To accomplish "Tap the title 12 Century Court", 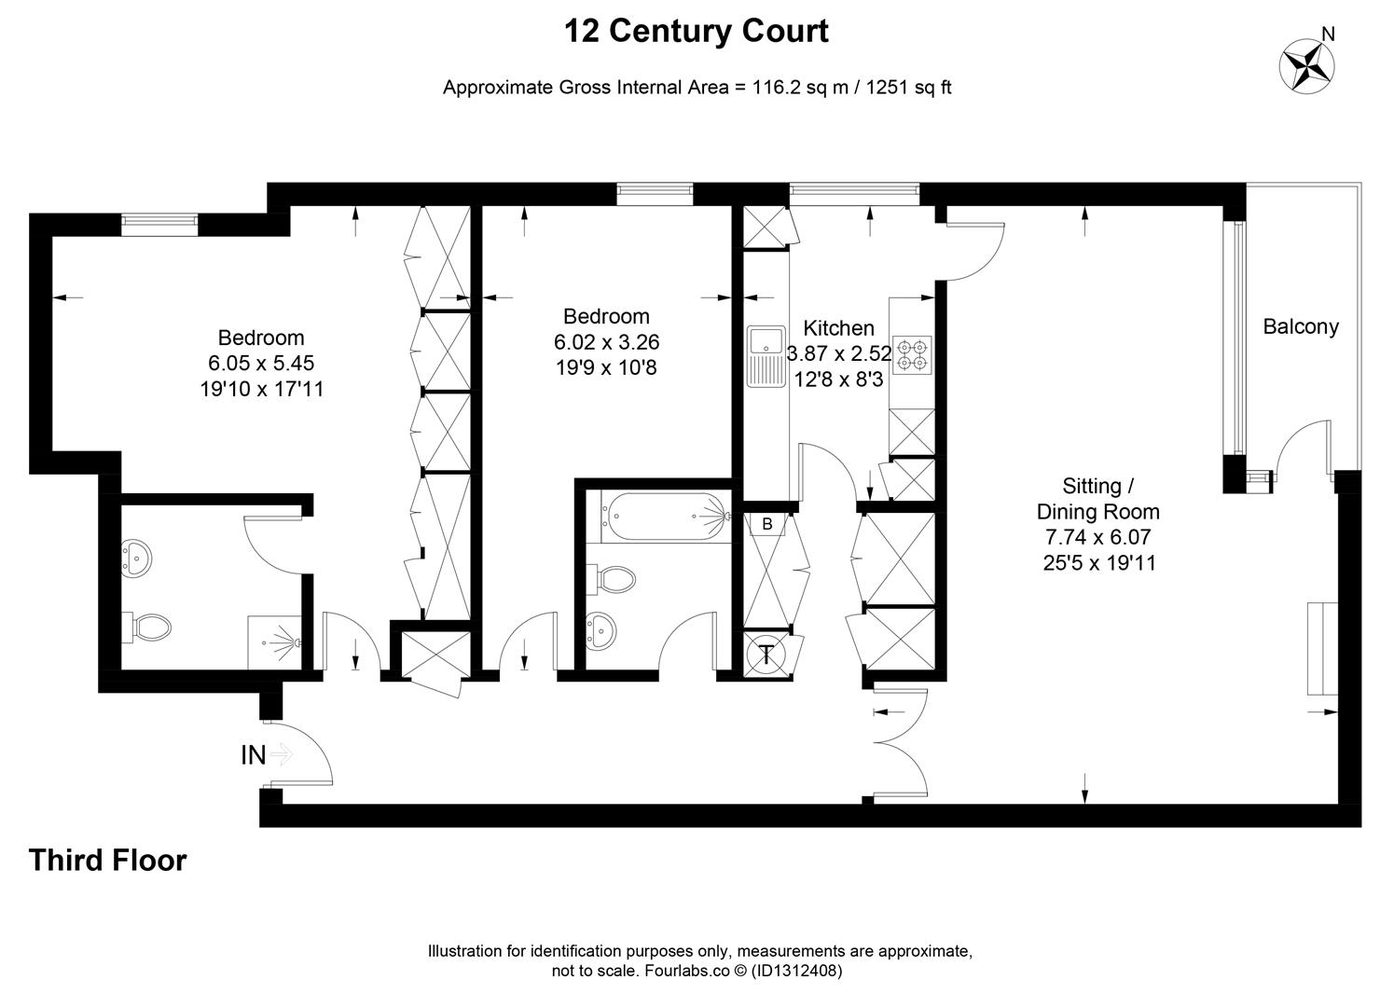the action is pyautogui.click(x=697, y=31).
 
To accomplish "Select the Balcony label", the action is pyautogui.click(x=1301, y=326).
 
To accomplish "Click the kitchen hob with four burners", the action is pyautogui.click(x=912, y=355).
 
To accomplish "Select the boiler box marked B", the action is pyautogui.click(x=767, y=524).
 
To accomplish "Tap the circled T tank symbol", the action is pyautogui.click(x=766, y=655).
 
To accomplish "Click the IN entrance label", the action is pyautogui.click(x=254, y=755).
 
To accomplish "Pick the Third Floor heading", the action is pyautogui.click(x=107, y=860).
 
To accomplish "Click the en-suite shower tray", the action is pyautogui.click(x=275, y=643).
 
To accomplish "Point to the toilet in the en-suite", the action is pyautogui.click(x=146, y=628).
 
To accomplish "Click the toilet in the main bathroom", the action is pyautogui.click(x=611, y=580).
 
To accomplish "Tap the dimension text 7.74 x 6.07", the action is pyautogui.click(x=1097, y=536).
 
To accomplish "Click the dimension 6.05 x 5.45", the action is pyautogui.click(x=261, y=363).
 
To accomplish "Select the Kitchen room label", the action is pyautogui.click(x=838, y=328).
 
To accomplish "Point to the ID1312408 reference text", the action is pyautogui.click(x=796, y=971).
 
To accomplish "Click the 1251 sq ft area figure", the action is pyautogui.click(x=908, y=87).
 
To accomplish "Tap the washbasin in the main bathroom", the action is pyautogui.click(x=600, y=630).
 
